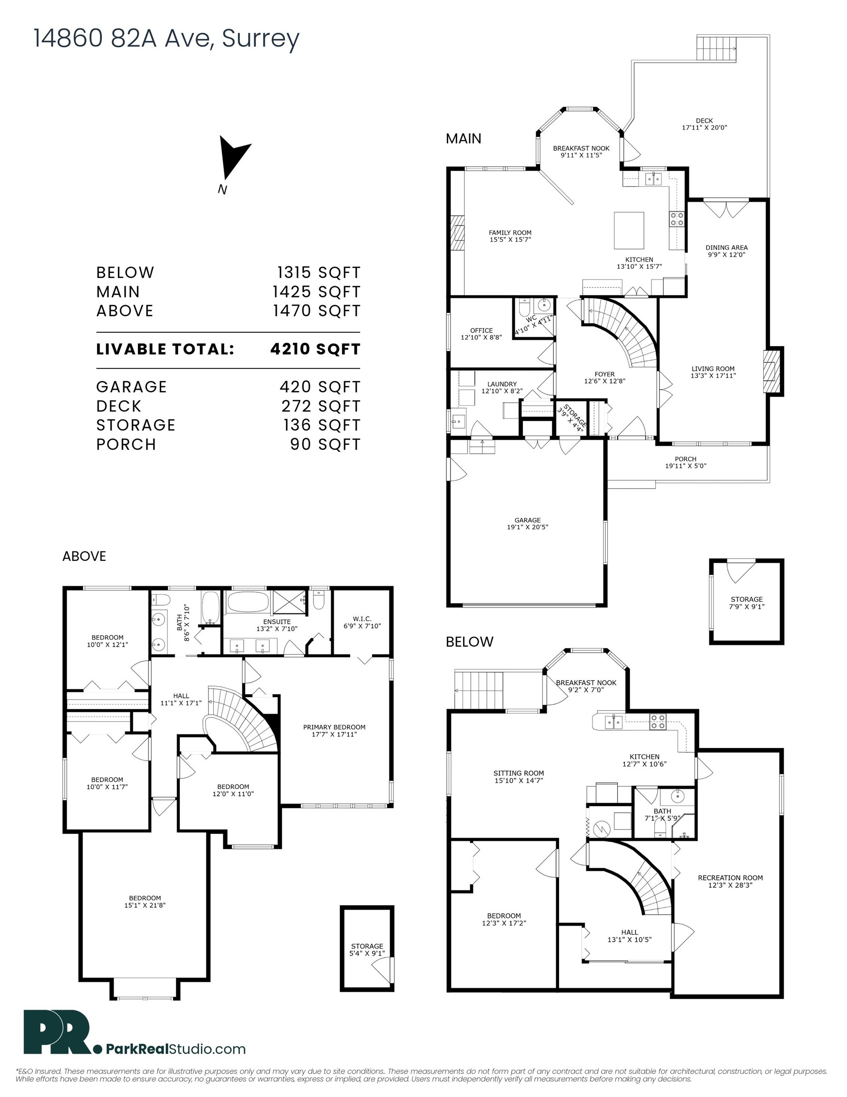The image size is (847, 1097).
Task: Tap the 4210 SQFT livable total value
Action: click(x=315, y=349)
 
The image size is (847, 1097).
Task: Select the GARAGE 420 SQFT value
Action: click(x=320, y=387)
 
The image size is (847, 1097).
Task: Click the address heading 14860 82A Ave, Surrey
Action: click(x=166, y=39)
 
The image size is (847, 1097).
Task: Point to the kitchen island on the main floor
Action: click(x=629, y=230)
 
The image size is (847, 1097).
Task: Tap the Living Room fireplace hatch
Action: click(x=771, y=372)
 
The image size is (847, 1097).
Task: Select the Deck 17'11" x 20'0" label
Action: click(x=704, y=124)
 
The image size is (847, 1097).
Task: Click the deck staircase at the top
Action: click(x=716, y=48)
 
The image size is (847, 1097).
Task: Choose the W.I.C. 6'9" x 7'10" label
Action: click(x=362, y=622)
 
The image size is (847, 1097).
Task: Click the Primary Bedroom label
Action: click(x=334, y=730)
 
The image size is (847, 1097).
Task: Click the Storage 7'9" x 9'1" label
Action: click(x=746, y=603)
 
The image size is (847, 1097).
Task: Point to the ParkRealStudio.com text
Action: click(x=175, y=1049)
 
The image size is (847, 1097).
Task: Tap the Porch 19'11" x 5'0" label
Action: click(x=685, y=462)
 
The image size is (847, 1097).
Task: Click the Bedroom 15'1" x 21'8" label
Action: click(x=145, y=902)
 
